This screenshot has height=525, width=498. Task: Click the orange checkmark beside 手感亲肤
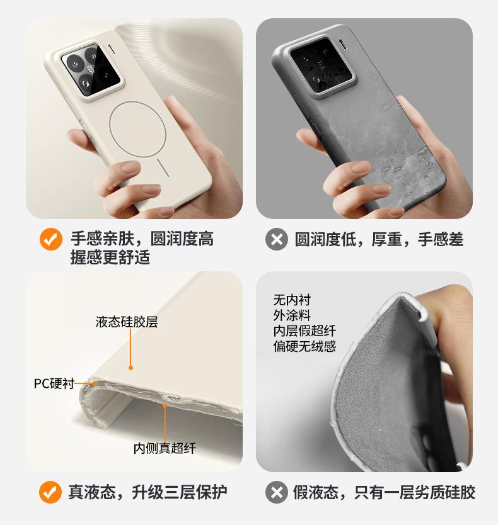[x=51, y=239]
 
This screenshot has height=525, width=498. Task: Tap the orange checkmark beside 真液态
[x=50, y=492]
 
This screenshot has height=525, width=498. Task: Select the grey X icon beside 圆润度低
[x=277, y=239]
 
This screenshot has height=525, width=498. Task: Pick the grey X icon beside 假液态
[x=277, y=492]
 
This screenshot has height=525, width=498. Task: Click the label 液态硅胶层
[x=127, y=322]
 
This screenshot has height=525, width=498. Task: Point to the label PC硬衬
[x=54, y=384]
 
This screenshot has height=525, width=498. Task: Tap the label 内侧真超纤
[x=165, y=448]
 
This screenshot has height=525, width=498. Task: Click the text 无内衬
[x=292, y=300]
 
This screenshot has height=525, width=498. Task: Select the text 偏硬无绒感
[x=304, y=346]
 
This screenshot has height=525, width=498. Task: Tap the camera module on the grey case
[x=322, y=66]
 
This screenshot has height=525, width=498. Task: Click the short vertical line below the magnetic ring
[x=162, y=167]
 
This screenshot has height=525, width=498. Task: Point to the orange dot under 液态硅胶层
[x=130, y=368]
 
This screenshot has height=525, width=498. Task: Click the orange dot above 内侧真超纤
[x=165, y=406]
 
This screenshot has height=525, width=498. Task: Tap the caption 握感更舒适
[x=110, y=257]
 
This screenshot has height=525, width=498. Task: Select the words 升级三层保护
[x=180, y=492]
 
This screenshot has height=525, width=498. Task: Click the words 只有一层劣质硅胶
[x=415, y=492]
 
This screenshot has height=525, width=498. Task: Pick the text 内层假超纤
[x=304, y=331]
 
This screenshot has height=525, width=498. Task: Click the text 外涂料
[x=292, y=315]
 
